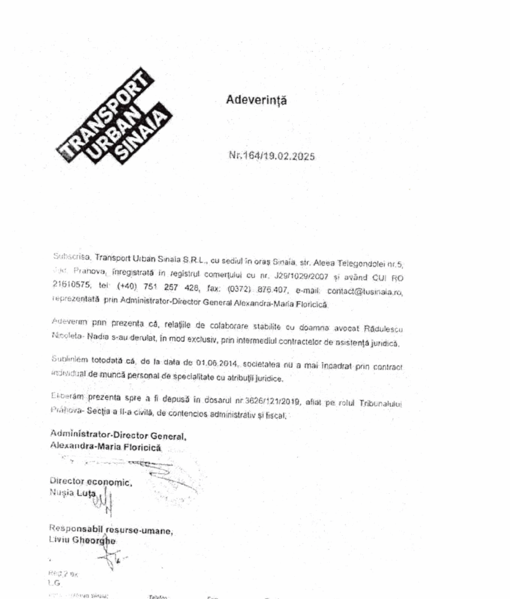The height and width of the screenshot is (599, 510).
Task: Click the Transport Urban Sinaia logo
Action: click(x=112, y=115)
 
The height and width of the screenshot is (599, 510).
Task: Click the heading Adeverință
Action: click(x=256, y=100)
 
